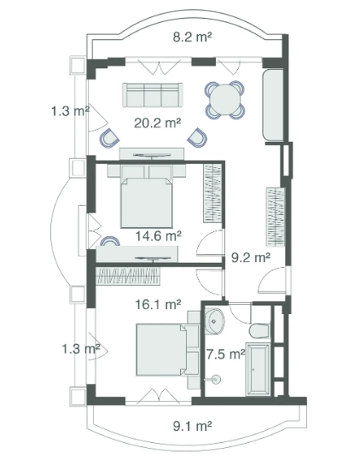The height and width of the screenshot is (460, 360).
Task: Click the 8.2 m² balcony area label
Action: (x=192, y=37)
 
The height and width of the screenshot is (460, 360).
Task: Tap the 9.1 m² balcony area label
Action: (x=192, y=426)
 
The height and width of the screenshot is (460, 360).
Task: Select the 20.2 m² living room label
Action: (x=158, y=123)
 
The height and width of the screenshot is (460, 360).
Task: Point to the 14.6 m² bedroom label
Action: (x=158, y=236)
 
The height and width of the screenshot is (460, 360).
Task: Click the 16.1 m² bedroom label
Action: (x=158, y=304)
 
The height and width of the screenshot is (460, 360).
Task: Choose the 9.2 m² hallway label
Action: (x=251, y=258)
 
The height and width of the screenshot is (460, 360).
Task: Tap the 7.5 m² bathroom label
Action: (x=226, y=354)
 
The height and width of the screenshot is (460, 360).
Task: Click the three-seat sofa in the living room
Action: (x=152, y=95)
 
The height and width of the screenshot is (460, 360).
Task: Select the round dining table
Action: (x=225, y=100)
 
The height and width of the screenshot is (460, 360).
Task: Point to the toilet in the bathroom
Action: (x=260, y=330)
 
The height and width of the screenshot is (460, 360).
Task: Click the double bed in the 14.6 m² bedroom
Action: (x=146, y=197)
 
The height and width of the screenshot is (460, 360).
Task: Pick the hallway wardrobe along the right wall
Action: (x=275, y=217)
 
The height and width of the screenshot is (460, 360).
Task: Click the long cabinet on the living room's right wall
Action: (x=273, y=105)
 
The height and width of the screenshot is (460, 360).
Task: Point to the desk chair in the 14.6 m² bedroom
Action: (x=110, y=241)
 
